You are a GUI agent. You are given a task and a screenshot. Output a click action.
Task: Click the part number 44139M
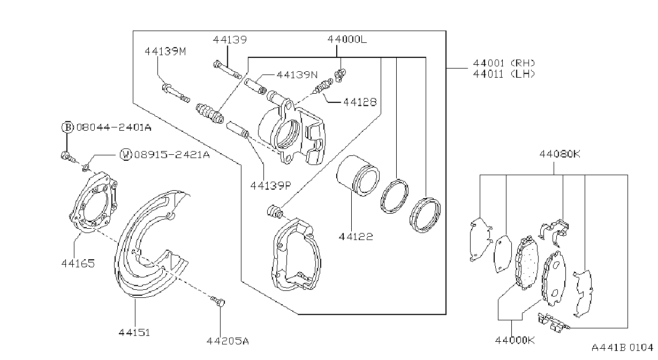[x=165, y=51]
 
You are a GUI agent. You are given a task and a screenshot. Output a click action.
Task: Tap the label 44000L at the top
[x=347, y=39]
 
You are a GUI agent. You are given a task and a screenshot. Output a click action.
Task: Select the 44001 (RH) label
[x=504, y=63]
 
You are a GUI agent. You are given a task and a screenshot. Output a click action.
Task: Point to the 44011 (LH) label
[x=504, y=74]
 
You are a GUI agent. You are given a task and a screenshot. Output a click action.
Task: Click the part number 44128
[x=360, y=102]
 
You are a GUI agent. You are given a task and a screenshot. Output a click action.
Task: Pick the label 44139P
[x=270, y=185]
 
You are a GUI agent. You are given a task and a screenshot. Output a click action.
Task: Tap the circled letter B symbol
[x=67, y=127]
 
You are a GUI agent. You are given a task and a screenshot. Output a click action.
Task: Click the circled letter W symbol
[x=126, y=154]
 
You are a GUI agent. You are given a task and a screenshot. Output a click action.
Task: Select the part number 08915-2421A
[x=172, y=155]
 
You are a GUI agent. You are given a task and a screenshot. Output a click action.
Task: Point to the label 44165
[x=78, y=264]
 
